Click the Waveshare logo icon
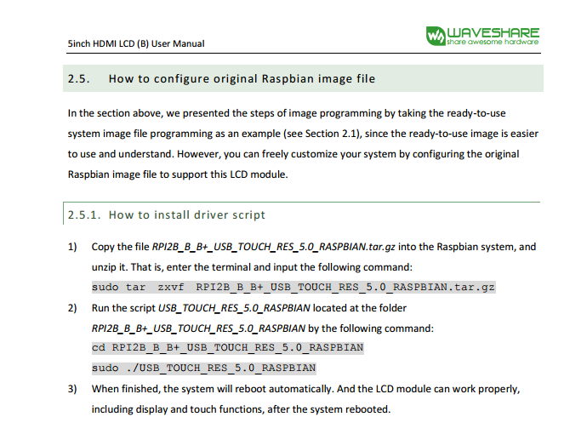pyautogui.click(x=436, y=36)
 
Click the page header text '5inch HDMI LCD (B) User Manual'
pyautogui.click(x=136, y=43)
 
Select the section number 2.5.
pyautogui.click(x=78, y=78)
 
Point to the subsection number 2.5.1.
pyautogui.click(x=84, y=215)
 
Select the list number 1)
pyautogui.click(x=72, y=247)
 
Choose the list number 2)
pyautogui.click(x=72, y=308)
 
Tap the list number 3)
pyautogui.click(x=72, y=389)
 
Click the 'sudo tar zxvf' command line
pyautogui.click(x=293, y=288)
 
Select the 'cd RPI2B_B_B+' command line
pyautogui.click(x=228, y=348)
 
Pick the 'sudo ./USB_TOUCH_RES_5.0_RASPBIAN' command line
pyautogui.click(x=204, y=368)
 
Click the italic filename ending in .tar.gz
pyautogui.click(x=273, y=247)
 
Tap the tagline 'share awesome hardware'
pyautogui.click(x=493, y=42)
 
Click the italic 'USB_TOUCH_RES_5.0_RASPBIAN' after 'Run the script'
pyautogui.click(x=234, y=308)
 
